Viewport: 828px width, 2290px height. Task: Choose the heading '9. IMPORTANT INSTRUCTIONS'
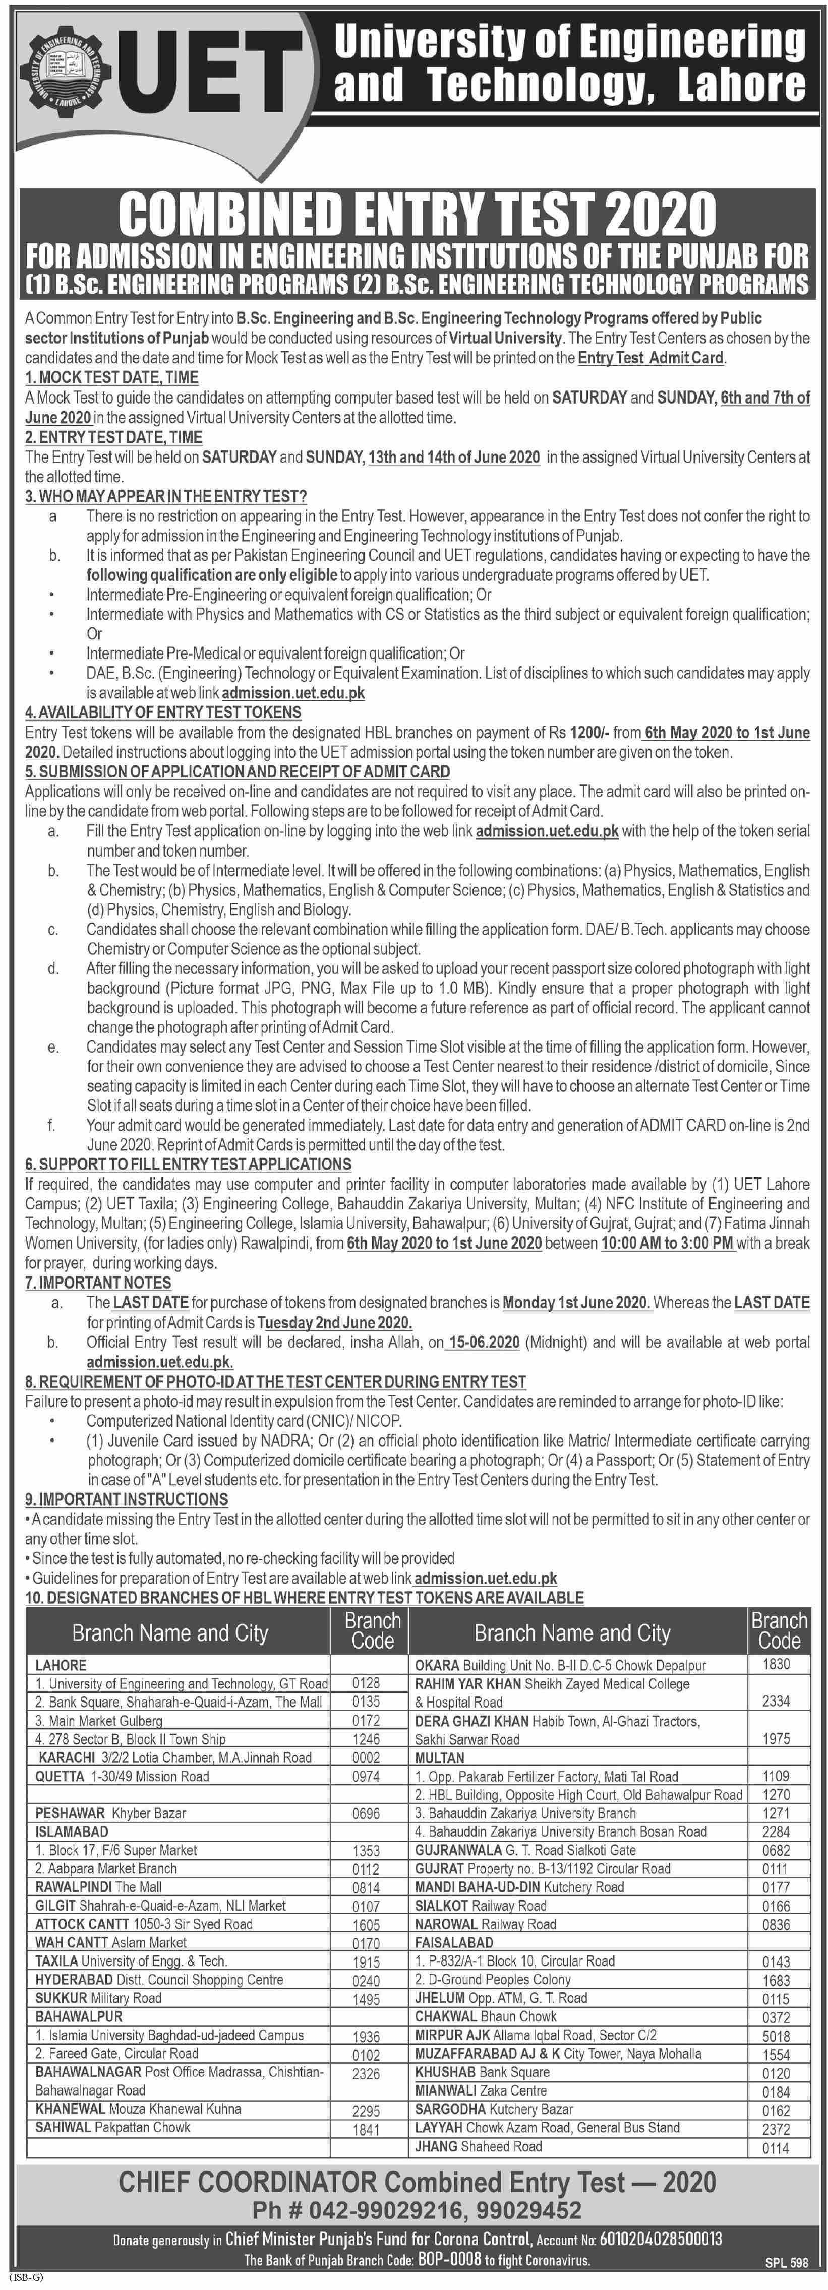(126, 1499)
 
